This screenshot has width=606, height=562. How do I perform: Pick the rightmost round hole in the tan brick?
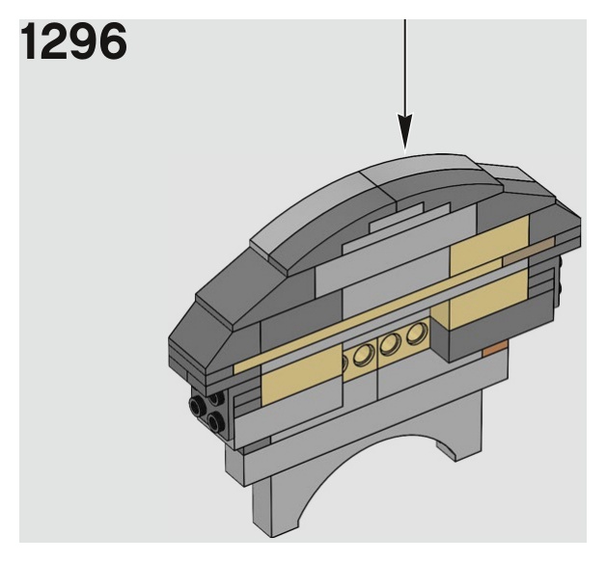pyautogui.click(x=417, y=335)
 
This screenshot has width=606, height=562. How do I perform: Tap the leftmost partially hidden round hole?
pyautogui.click(x=344, y=364)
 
